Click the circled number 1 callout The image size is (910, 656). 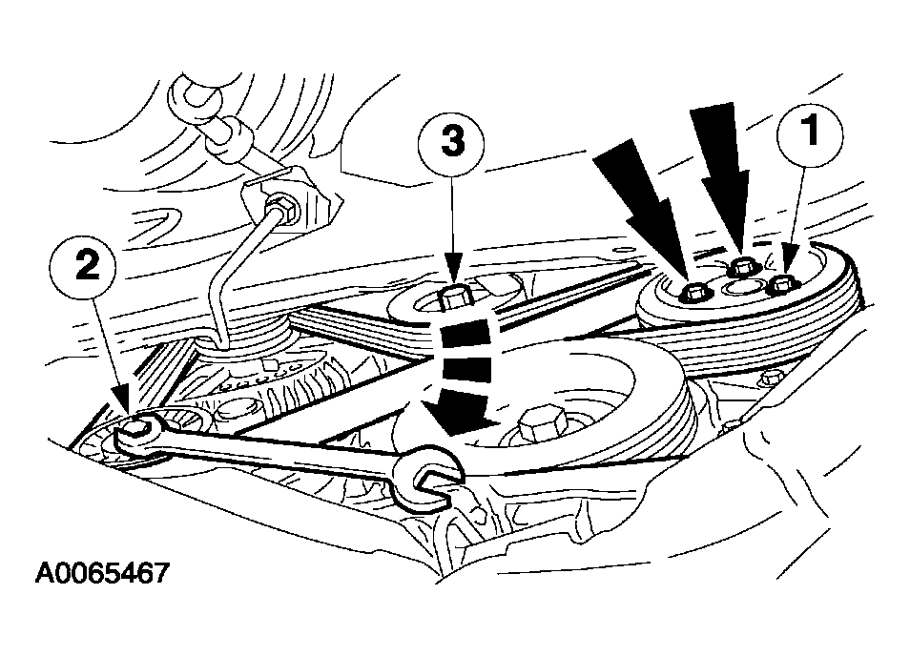(810, 134)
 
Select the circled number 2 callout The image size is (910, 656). (88, 269)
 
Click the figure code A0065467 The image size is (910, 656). (101, 573)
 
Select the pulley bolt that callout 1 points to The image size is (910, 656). (782, 284)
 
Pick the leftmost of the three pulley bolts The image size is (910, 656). (694, 292)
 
